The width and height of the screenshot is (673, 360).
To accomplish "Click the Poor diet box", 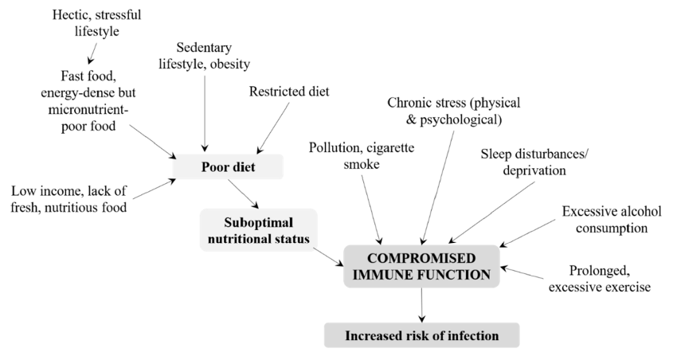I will click(227, 166).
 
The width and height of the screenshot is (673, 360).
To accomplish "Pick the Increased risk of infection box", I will click(421, 335).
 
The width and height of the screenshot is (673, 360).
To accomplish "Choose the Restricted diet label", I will click(288, 91).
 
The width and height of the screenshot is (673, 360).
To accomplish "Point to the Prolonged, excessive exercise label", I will click(599, 278).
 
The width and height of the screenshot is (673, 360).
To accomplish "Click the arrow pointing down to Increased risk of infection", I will click(421, 303).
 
